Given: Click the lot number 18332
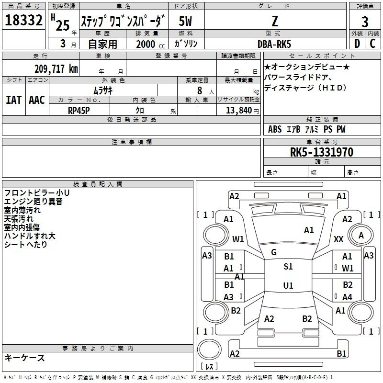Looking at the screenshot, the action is click(x=23, y=20).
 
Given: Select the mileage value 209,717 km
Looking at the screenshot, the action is click(x=56, y=69).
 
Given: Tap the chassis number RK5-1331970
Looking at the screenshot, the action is click(x=322, y=152).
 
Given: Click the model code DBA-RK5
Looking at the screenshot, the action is click(x=274, y=44).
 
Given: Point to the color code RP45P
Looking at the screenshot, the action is click(x=79, y=111).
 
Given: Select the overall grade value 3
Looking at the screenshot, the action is click(x=365, y=22).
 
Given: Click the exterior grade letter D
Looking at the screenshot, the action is click(x=357, y=44).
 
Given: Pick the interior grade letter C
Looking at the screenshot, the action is click(x=372, y=44).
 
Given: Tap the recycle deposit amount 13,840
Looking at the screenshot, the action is click(x=239, y=111).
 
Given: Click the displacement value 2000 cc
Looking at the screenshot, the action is click(x=150, y=44).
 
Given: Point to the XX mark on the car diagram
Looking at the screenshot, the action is click(x=338, y=239).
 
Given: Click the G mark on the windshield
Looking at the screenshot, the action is click(x=274, y=252).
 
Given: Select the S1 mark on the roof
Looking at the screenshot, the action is click(x=288, y=267).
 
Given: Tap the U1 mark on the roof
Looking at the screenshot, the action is click(x=288, y=285).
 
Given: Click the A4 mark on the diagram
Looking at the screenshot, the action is click(x=347, y=297).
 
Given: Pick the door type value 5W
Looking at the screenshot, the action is click(x=185, y=21).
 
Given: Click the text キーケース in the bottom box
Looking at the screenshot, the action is click(x=24, y=358).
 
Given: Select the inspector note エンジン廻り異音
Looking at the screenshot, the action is click(x=33, y=202).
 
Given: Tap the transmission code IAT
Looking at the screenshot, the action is click(x=14, y=100).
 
